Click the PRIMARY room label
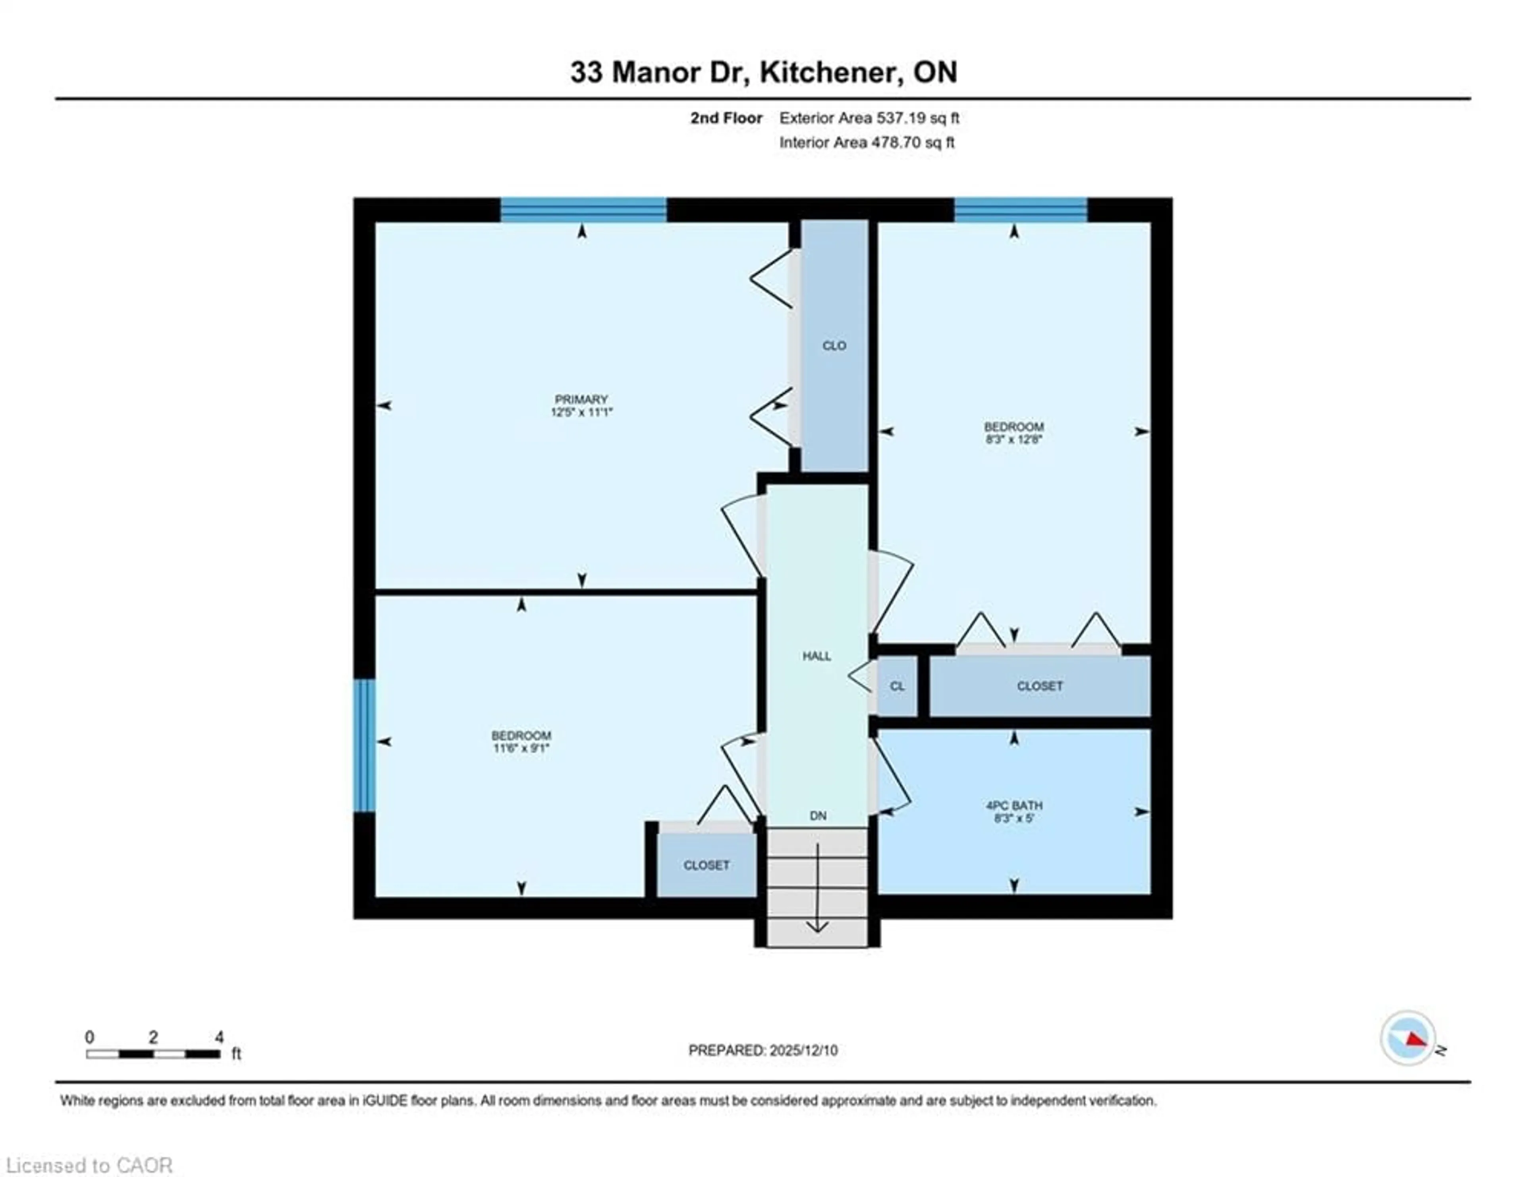tap(581, 399)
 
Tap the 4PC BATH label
tap(1014, 805)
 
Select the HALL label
tap(816, 656)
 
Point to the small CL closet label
tap(897, 686)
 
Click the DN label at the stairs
tap(818, 815)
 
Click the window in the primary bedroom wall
tap(583, 209)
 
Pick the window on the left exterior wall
tap(364, 746)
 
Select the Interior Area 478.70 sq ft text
tap(867, 143)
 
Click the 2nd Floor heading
tap(726, 118)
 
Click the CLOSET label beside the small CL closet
tap(1040, 686)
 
